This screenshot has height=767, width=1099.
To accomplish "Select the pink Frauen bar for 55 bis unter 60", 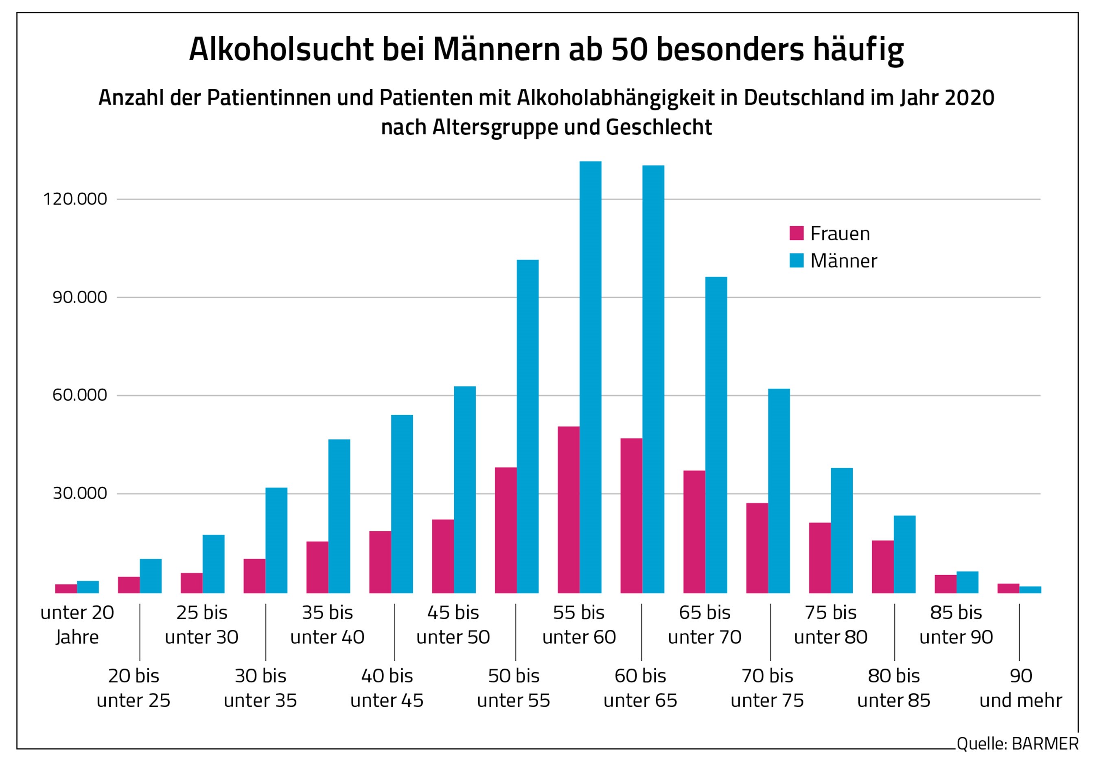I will pyautogui.click(x=568, y=509).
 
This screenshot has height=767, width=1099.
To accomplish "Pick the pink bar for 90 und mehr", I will pyautogui.click(x=1008, y=588).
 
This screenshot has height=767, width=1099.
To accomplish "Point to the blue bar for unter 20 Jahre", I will pyautogui.click(x=88, y=587).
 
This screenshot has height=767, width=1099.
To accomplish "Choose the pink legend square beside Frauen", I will pyautogui.click(x=797, y=233).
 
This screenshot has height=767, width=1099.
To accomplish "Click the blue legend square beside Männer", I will pyautogui.click(x=797, y=261).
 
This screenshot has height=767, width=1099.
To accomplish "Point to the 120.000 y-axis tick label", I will pyautogui.click(x=75, y=199).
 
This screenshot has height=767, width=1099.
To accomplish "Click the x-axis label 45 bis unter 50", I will pyautogui.click(x=453, y=625).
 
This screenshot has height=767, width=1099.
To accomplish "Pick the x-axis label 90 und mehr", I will pyautogui.click(x=1020, y=688).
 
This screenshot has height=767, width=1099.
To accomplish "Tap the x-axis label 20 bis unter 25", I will pyautogui.click(x=134, y=688).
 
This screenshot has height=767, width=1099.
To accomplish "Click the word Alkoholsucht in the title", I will pyautogui.click(x=281, y=49).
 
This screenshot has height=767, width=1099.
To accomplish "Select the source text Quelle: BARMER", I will pyautogui.click(x=1018, y=743).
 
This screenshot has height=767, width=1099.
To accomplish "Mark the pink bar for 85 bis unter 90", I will pyautogui.click(x=946, y=584).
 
